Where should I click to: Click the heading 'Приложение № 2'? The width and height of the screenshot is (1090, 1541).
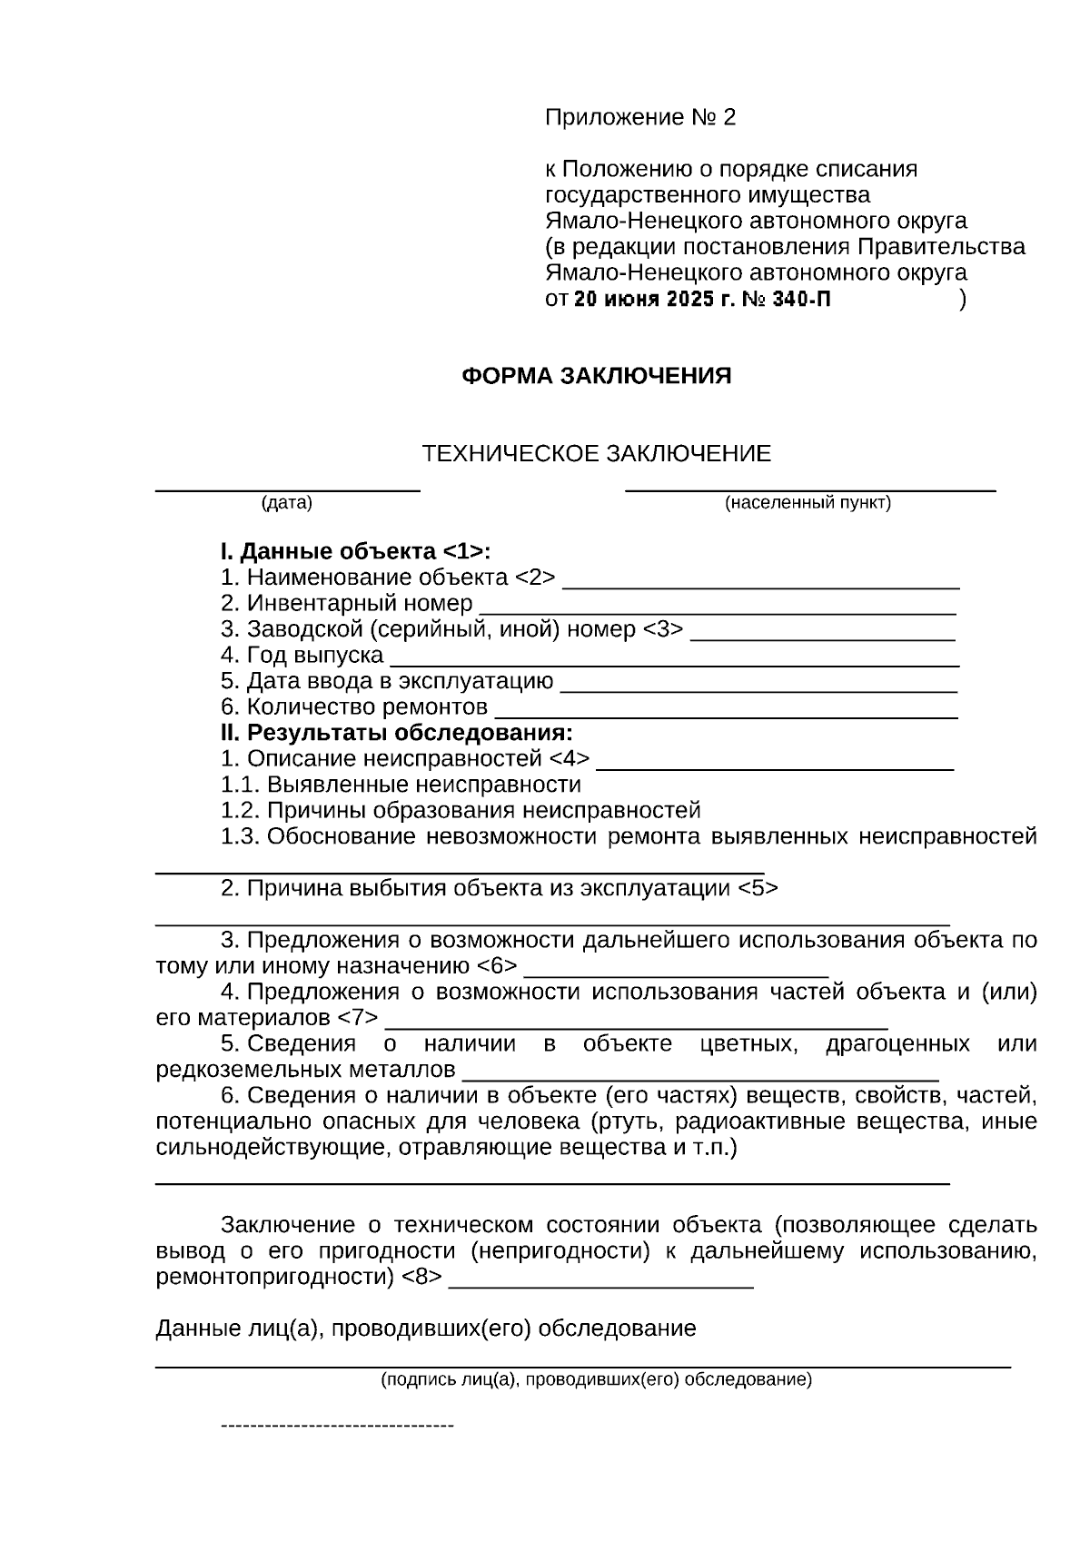point(639,118)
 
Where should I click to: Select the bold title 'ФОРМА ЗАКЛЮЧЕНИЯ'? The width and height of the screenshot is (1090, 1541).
point(597,377)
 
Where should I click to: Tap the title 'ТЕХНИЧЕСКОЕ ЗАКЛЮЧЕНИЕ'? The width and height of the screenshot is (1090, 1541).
point(597,454)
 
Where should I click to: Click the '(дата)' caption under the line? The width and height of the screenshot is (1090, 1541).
point(287,503)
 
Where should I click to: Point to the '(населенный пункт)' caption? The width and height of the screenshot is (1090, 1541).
point(808,503)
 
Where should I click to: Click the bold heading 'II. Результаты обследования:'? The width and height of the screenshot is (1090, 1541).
point(397,733)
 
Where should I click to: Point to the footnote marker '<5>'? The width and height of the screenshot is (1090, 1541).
point(758,888)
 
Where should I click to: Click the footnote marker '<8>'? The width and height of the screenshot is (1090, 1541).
point(422,1278)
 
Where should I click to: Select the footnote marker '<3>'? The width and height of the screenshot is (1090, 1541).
point(663,629)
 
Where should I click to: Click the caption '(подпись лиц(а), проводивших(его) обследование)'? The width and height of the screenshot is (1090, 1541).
point(596,1381)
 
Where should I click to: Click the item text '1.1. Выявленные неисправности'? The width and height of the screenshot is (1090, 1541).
point(401,785)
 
